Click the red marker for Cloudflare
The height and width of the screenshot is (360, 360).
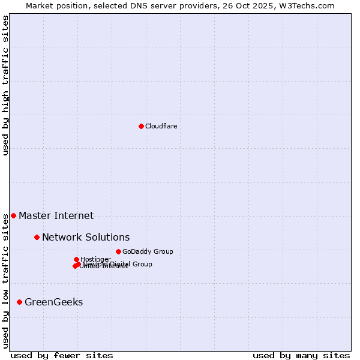click(x=141, y=126)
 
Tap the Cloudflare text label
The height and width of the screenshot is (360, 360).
click(x=161, y=126)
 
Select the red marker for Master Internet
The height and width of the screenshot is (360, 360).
click(x=13, y=215)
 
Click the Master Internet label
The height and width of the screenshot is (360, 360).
click(x=56, y=215)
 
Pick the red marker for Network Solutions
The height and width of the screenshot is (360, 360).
click(x=37, y=237)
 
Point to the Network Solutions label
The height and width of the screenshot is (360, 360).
click(x=86, y=237)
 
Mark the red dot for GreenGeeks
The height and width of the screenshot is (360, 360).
click(x=19, y=302)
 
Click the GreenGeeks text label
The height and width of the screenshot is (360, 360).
click(x=53, y=302)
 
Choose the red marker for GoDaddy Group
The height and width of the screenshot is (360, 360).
click(x=118, y=251)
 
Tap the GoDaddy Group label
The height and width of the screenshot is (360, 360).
click(x=148, y=251)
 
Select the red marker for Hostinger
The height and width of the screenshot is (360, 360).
click(x=76, y=259)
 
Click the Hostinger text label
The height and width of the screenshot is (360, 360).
click(x=95, y=259)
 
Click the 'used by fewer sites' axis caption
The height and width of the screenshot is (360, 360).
click(x=62, y=355)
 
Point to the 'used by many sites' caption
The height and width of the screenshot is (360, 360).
click(x=301, y=355)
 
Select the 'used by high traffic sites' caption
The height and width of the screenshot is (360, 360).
click(x=5, y=85)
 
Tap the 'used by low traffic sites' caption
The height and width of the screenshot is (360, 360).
click(x=5, y=280)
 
